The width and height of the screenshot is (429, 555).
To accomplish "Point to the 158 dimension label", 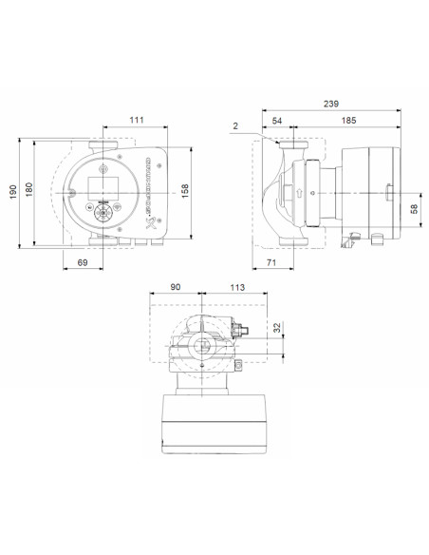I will (186, 192).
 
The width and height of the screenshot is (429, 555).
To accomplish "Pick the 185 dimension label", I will (349, 122).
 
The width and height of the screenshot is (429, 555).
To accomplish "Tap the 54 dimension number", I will (278, 122).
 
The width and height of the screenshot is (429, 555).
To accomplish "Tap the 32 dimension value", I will (278, 330).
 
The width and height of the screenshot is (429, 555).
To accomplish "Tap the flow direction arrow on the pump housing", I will (299, 193).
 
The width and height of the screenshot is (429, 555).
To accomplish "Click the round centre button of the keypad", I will (102, 213).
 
